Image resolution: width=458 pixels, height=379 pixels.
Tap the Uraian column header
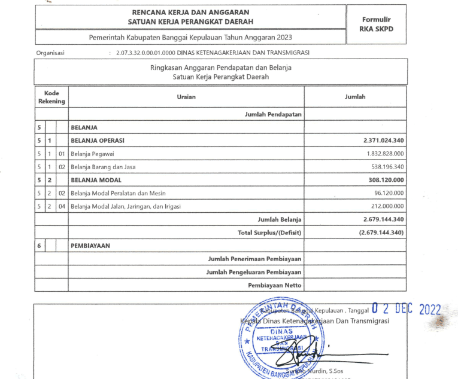(x=186, y=97)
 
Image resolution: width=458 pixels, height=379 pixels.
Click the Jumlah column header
(x=355, y=97)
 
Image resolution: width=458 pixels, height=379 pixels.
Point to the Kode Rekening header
(x=51, y=97)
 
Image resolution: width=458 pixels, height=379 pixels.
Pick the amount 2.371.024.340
(x=383, y=140)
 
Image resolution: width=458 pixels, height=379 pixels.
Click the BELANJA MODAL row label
(x=96, y=180)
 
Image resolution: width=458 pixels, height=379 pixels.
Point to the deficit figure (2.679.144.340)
(x=381, y=232)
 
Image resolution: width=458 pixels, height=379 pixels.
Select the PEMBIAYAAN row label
(x=91, y=245)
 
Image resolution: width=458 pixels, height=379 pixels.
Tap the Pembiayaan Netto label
(x=275, y=285)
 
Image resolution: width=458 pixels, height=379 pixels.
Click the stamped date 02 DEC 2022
(x=405, y=309)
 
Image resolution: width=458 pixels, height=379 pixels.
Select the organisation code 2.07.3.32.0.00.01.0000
(x=150, y=53)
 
